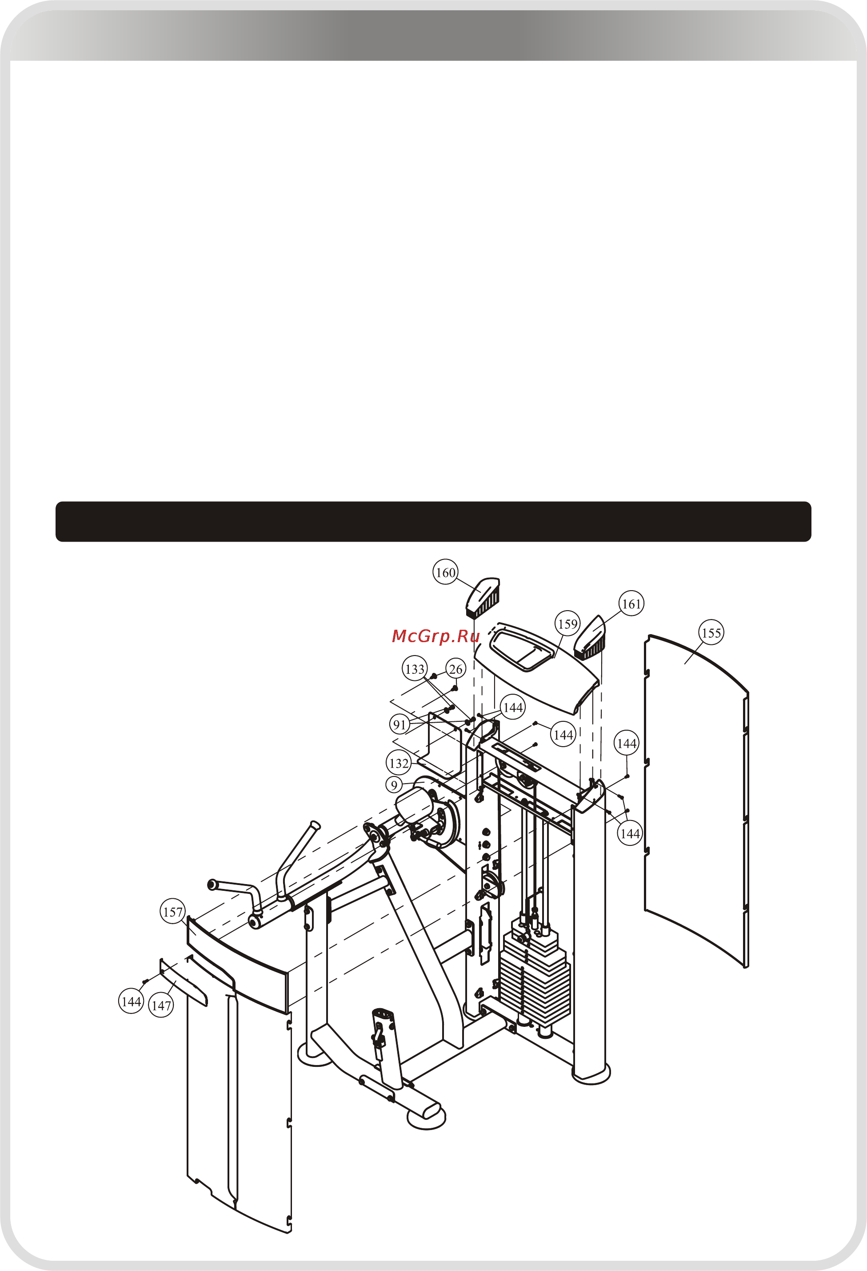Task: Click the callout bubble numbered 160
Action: (x=446, y=573)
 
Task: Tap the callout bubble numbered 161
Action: (x=631, y=604)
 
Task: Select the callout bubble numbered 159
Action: (x=567, y=624)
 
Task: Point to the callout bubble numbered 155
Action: (x=711, y=633)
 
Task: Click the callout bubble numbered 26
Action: (x=455, y=669)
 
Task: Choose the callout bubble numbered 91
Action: (x=400, y=724)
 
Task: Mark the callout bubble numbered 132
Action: (x=399, y=763)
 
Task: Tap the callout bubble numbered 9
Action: (x=394, y=785)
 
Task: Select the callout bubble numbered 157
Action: (x=173, y=912)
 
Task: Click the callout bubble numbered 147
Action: (x=161, y=1005)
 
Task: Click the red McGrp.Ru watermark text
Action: (x=435, y=636)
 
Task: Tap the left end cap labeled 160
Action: (x=483, y=597)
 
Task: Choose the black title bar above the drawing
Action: (x=434, y=521)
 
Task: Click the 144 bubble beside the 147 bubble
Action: (x=131, y=1002)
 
